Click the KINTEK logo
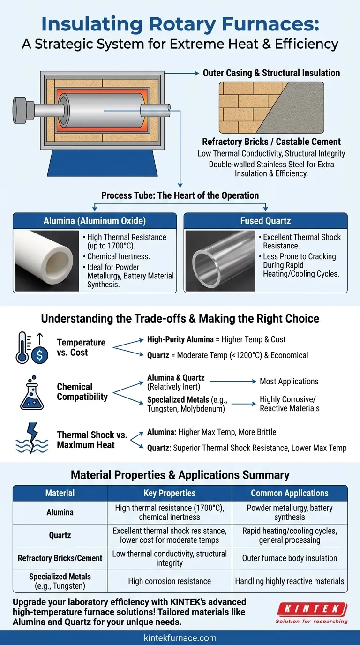(x=312, y=613)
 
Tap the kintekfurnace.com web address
(x=180, y=637)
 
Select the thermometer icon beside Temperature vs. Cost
(x=22, y=347)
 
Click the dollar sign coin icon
(x=39, y=355)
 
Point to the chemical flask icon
(x=32, y=392)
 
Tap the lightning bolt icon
(x=32, y=435)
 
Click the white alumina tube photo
(x=47, y=261)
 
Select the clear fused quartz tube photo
(x=220, y=261)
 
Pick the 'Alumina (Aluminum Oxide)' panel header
(x=95, y=221)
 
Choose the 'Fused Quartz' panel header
(x=265, y=221)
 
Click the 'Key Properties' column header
(x=169, y=493)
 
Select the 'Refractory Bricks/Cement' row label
(x=60, y=558)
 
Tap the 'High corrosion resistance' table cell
(x=169, y=581)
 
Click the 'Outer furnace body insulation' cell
(x=289, y=558)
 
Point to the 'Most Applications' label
(x=289, y=382)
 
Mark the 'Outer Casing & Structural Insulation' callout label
(x=271, y=73)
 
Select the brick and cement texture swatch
(x=271, y=107)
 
